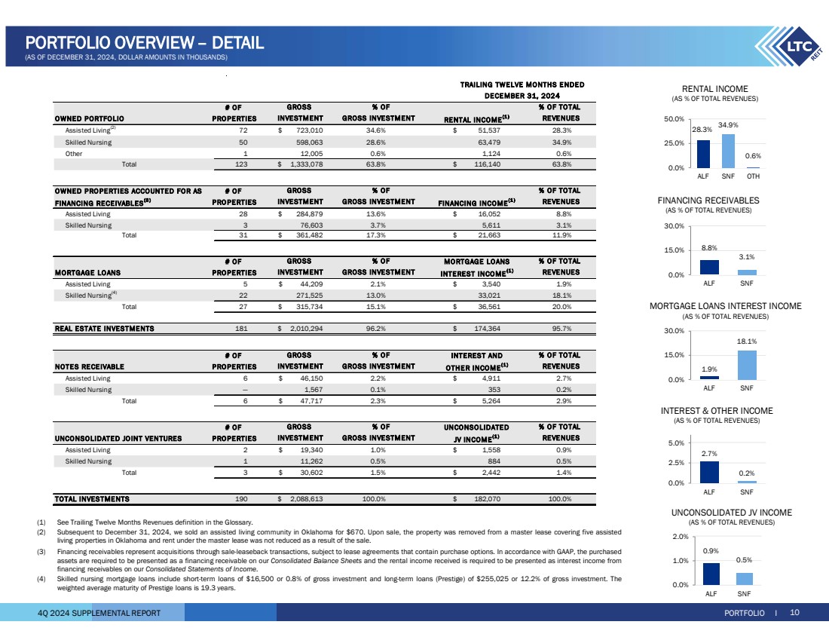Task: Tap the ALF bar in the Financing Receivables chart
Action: click(x=709, y=267)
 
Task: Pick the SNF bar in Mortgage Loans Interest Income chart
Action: click(x=746, y=365)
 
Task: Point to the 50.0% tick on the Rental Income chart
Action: click(x=674, y=119)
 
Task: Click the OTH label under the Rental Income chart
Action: click(x=752, y=176)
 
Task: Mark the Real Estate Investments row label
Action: click(x=104, y=329)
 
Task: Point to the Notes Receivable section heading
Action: click(x=88, y=366)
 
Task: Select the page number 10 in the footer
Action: click(x=794, y=613)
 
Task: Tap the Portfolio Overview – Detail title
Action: click(x=144, y=43)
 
